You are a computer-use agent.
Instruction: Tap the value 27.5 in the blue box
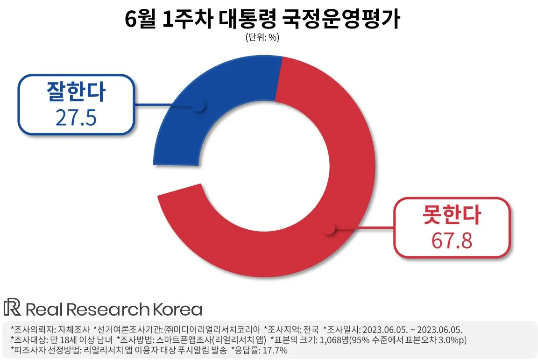(x=76, y=118)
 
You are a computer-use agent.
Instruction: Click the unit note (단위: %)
(x=262, y=38)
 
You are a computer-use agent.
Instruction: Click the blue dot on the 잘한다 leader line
(x=199, y=106)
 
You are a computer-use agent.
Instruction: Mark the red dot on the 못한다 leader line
(x=330, y=229)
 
